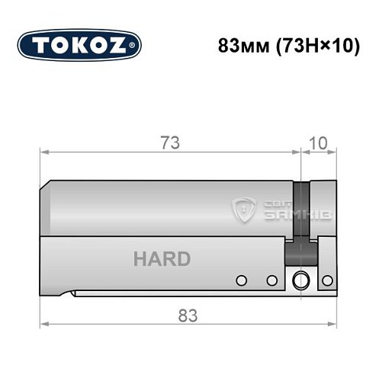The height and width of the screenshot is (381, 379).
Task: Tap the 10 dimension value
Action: click(320, 142)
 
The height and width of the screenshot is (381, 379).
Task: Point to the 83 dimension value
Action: click(187, 312)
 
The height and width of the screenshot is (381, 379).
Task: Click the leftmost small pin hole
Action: click(242, 280)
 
